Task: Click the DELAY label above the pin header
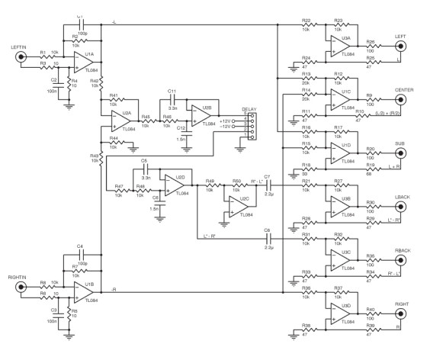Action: (x=251, y=109)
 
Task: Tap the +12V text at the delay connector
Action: (x=226, y=121)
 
